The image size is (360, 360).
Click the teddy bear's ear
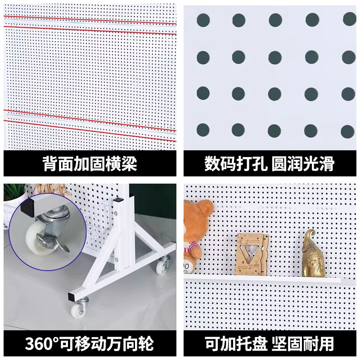(206, 207)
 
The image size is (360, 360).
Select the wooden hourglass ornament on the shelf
(252, 254)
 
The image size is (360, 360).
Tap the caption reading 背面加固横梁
(90, 164)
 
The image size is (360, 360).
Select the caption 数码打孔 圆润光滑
(270, 164)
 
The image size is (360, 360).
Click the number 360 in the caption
(39, 344)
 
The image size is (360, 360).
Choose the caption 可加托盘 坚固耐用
(270, 344)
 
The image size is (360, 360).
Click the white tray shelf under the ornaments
(263, 279)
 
